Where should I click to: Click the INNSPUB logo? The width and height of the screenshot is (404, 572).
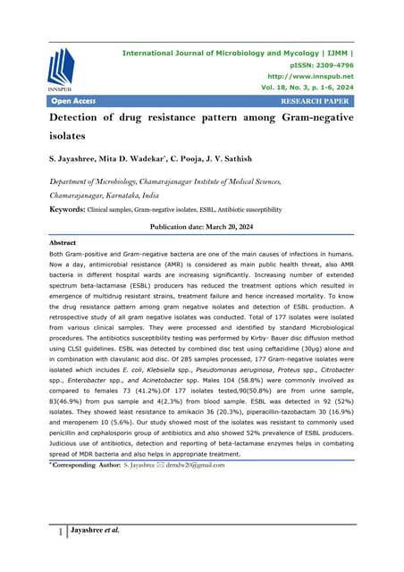tap(62, 69)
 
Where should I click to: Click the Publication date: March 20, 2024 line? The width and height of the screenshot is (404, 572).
tap(202, 227)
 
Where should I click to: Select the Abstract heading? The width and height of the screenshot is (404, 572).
tap(64, 242)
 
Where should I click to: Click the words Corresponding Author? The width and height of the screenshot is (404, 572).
tap(85, 465)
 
